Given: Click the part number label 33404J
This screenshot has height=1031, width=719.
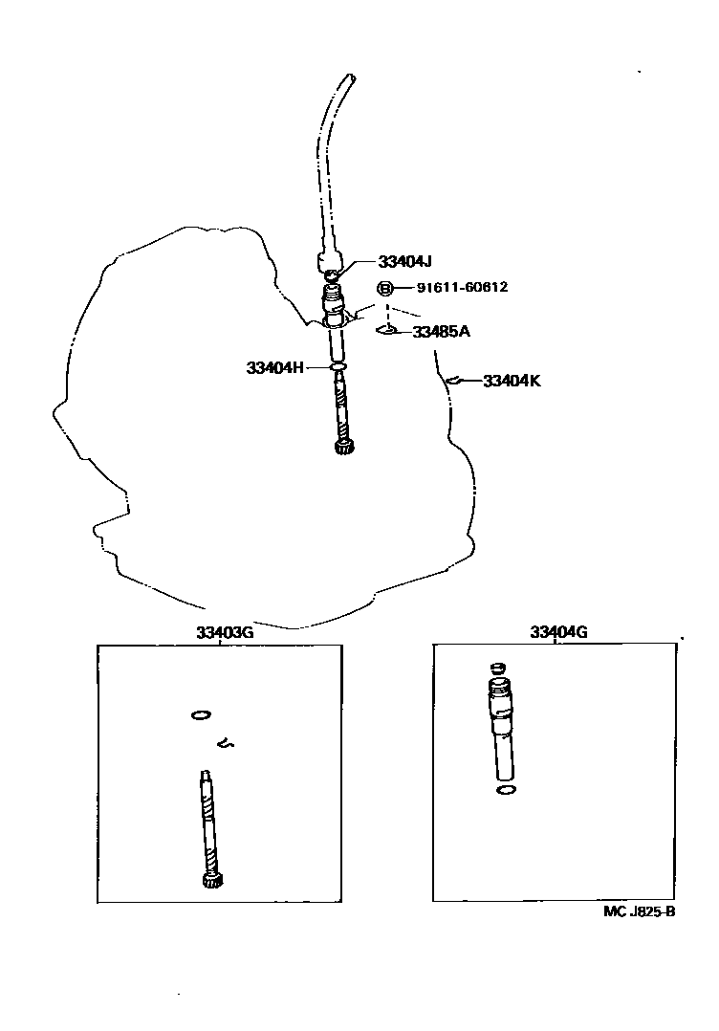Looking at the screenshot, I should (x=405, y=262).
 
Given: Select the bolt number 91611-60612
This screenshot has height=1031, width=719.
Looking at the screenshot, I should (x=463, y=288).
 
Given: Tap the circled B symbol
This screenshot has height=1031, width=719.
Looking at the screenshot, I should (x=385, y=288).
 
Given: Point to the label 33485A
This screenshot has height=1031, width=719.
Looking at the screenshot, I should (x=441, y=332).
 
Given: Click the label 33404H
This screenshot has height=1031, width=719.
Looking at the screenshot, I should (x=274, y=367).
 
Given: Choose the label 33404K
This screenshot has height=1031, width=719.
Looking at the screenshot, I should (x=512, y=381).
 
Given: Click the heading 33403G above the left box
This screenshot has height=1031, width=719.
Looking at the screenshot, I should (x=225, y=632).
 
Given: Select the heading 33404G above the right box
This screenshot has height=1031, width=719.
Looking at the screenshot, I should (x=558, y=632).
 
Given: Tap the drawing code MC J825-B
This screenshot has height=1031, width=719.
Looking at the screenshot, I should (x=640, y=911).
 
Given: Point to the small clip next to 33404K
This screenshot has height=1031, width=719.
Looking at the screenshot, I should (x=454, y=382).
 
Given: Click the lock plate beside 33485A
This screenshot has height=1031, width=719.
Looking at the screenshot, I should (x=388, y=331).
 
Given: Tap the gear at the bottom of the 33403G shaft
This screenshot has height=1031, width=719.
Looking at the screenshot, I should (x=213, y=880).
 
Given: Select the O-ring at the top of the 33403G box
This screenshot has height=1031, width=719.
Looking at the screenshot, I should (x=200, y=713).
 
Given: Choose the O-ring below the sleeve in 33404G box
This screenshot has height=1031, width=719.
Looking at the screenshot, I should (x=507, y=790).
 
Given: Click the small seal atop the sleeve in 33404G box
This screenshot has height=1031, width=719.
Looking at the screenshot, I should (x=496, y=668).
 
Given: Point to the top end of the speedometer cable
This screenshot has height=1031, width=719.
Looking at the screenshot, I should (x=350, y=78).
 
